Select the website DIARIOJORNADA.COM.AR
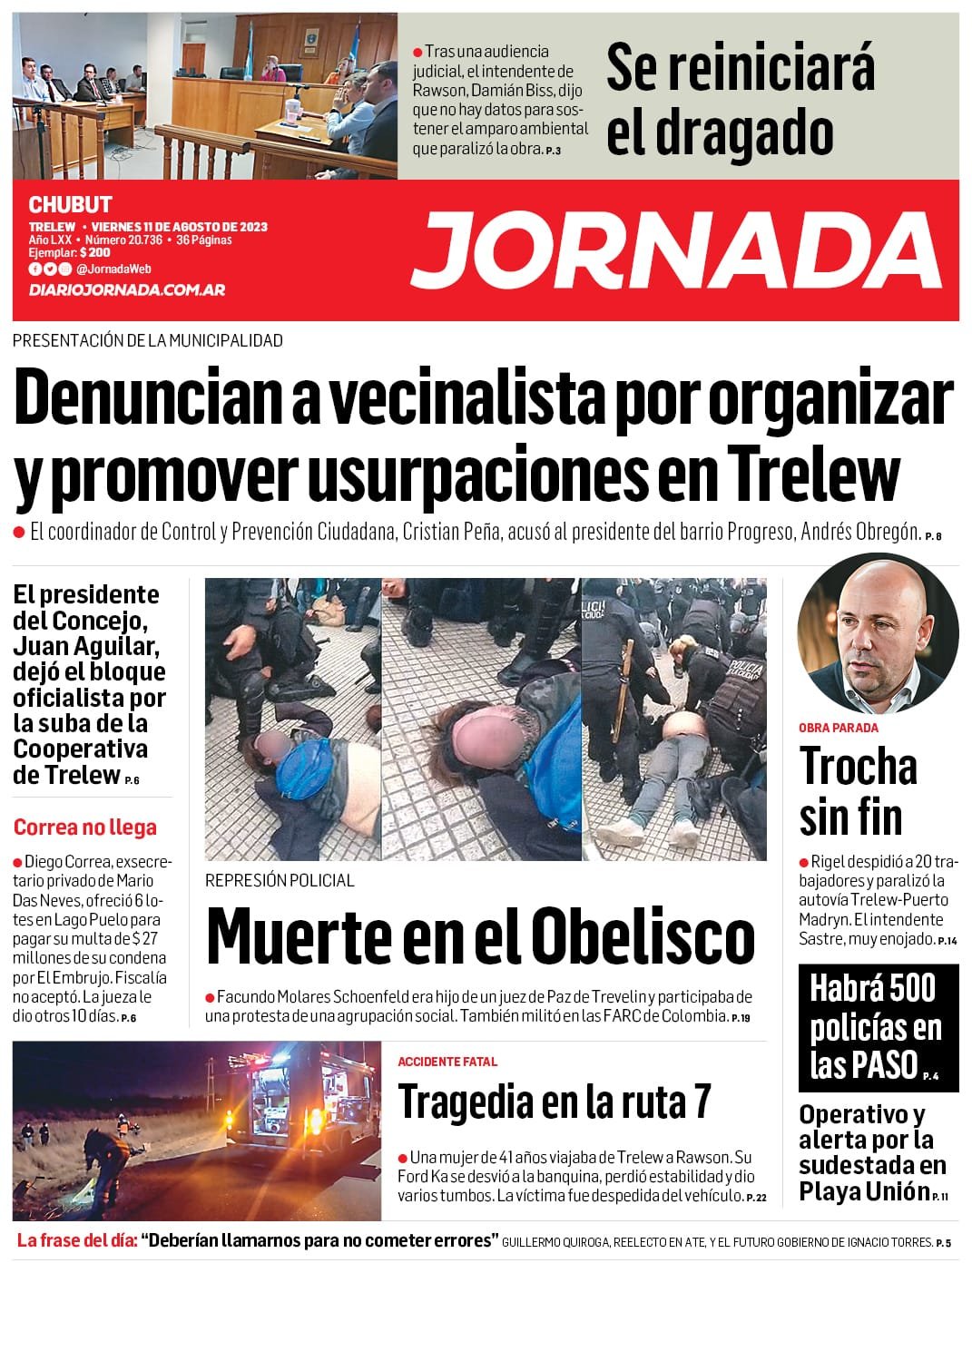(127, 289)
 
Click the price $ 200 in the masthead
(94, 253)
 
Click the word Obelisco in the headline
(643, 935)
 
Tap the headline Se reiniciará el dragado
(740, 100)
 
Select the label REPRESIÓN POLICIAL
(280, 880)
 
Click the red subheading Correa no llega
(85, 827)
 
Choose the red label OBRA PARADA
(838, 728)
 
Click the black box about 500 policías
(876, 1026)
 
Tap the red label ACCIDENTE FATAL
(447, 1062)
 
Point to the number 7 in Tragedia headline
(701, 1102)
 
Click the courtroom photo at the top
(205, 96)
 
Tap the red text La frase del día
(77, 1240)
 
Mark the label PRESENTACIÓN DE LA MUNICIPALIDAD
(148, 340)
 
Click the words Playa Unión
(864, 1190)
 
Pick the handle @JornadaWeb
(113, 269)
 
